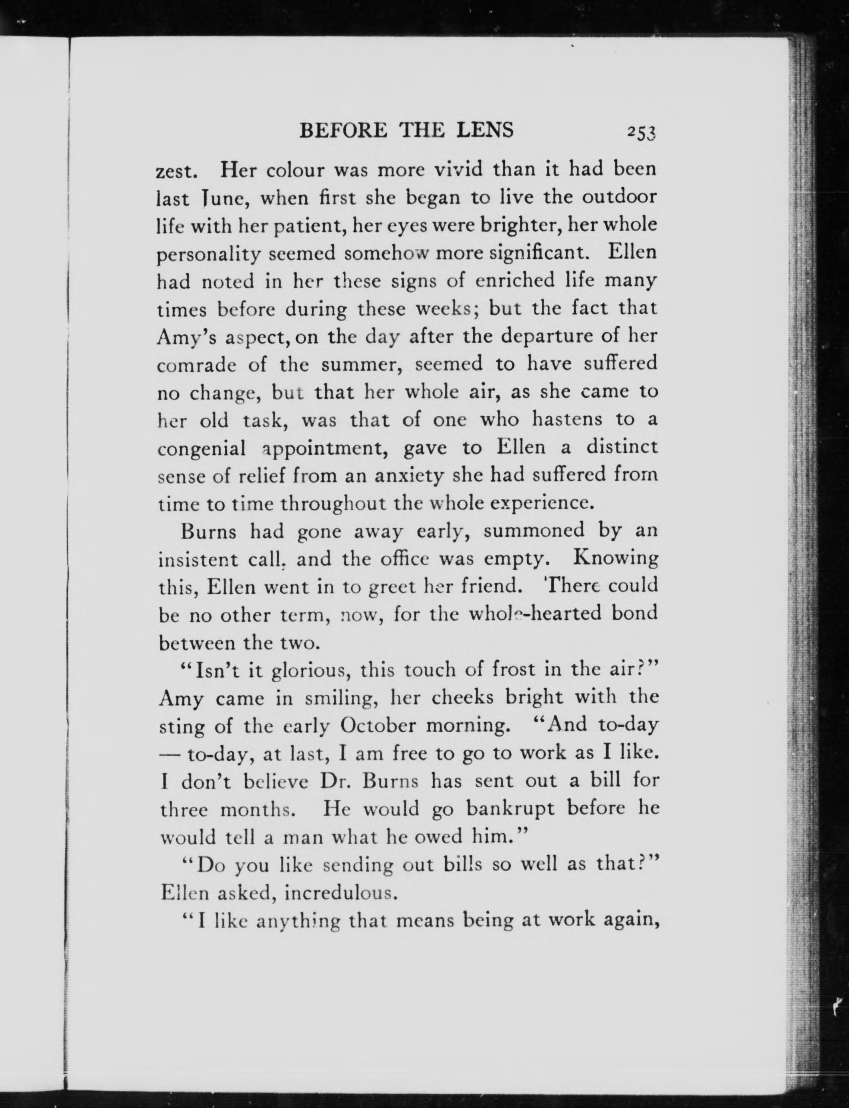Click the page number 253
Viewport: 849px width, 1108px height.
tap(641, 132)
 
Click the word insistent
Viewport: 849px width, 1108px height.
tap(198, 560)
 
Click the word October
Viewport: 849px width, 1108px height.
tap(378, 726)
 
